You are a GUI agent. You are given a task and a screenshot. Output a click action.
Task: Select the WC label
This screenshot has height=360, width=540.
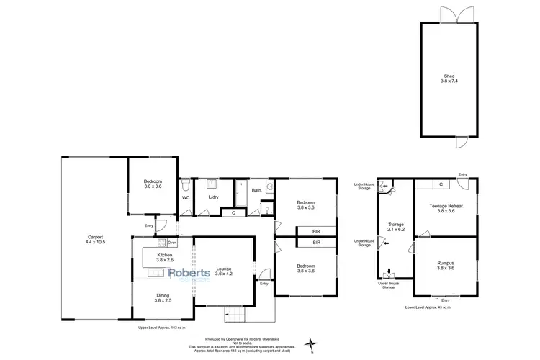coord(185,197)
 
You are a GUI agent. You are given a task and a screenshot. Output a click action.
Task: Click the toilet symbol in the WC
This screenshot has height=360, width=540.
coord(185,184)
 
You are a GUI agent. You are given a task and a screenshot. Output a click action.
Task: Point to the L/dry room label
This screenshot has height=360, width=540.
coord(212,197)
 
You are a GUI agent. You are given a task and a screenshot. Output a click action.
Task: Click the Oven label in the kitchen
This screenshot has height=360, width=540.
coord(173,243)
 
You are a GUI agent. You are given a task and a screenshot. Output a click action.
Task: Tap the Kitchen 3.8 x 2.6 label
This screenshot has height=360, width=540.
coord(166,258)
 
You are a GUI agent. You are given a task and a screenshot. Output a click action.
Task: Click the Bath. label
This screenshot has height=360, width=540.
coord(256,190)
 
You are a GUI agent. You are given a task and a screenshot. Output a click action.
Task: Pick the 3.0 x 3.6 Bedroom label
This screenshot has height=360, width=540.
coord(153,184)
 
